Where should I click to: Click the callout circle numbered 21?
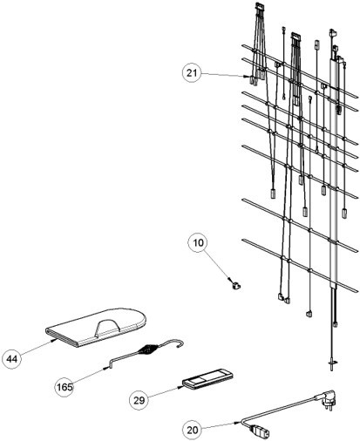192,73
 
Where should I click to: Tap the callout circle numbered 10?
198,242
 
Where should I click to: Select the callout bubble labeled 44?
12,359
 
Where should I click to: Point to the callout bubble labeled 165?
65,387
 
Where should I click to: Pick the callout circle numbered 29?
139,400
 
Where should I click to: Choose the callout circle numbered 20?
192,430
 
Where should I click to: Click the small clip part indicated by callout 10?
236,285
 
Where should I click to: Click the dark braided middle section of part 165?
149,349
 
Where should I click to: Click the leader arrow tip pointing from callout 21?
247,77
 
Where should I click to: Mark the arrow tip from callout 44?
54,339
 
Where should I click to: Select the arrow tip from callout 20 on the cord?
241,423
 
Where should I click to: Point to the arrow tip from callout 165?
106,369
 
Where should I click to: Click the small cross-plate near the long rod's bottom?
332,362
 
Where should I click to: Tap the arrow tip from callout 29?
181,387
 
